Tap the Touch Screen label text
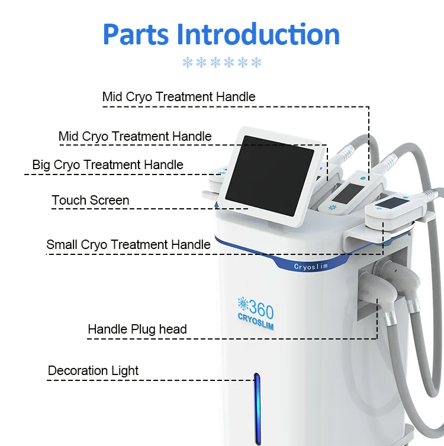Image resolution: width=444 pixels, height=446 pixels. tap(90, 201)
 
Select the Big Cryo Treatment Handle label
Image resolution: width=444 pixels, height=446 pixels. tap(108, 165)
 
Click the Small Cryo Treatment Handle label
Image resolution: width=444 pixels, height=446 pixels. tap(128, 244)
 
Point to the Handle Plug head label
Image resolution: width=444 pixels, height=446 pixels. tap(137, 329)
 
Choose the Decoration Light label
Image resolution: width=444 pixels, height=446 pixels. tap(93, 371)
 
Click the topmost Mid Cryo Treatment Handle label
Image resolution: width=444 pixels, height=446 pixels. tap(179, 96)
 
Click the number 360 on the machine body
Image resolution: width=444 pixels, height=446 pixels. tap(261, 309)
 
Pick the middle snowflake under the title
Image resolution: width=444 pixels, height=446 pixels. tap(222, 63)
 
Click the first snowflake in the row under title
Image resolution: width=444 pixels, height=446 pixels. tap(188, 63)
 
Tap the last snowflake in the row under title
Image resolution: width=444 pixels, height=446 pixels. tap(256, 63)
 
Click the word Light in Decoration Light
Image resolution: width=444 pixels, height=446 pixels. tap(125, 371)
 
